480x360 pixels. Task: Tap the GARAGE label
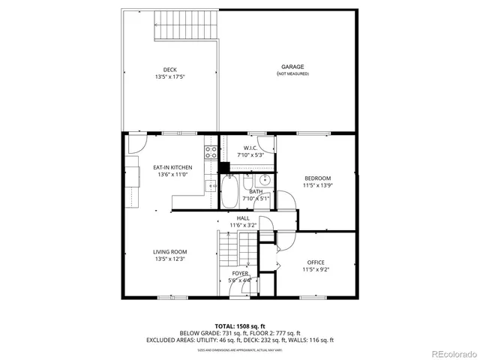point(292,67)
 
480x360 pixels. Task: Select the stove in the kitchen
point(212,153)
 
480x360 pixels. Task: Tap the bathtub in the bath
point(230,192)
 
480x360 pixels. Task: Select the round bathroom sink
point(263,181)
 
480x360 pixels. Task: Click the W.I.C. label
point(251,148)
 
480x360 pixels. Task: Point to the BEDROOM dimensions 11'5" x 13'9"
point(317,184)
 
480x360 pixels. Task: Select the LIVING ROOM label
point(170,252)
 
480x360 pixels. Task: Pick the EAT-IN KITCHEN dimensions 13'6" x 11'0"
point(172,175)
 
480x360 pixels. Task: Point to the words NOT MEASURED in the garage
point(292,73)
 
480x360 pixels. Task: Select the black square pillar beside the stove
point(223,167)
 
